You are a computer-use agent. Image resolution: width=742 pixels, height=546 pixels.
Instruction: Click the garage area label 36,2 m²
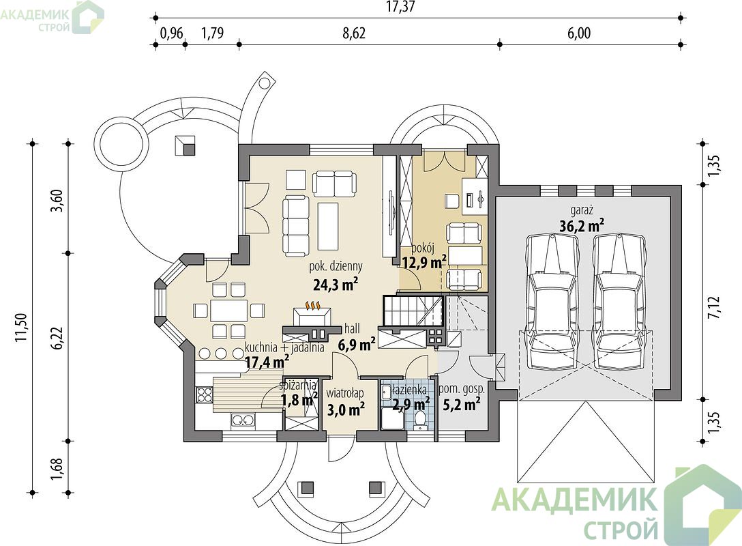(x=581, y=226)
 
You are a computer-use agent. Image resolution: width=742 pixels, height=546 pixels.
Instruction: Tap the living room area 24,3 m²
(x=335, y=284)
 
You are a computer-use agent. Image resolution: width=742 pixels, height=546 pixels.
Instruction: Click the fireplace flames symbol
(x=312, y=306)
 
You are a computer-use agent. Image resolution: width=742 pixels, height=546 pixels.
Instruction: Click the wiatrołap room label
(x=345, y=393)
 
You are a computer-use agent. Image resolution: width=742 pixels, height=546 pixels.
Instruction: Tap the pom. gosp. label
(x=462, y=389)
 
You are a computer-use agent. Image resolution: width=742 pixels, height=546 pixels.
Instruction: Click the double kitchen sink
(x=243, y=420)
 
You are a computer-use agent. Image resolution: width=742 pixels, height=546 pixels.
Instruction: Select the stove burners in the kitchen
(x=204, y=394)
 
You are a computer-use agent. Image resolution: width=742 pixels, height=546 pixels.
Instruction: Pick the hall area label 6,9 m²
(x=357, y=345)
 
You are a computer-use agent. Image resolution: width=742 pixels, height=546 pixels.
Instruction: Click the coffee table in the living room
(x=329, y=226)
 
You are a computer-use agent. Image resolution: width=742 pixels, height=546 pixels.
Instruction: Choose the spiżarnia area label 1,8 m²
(x=299, y=400)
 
